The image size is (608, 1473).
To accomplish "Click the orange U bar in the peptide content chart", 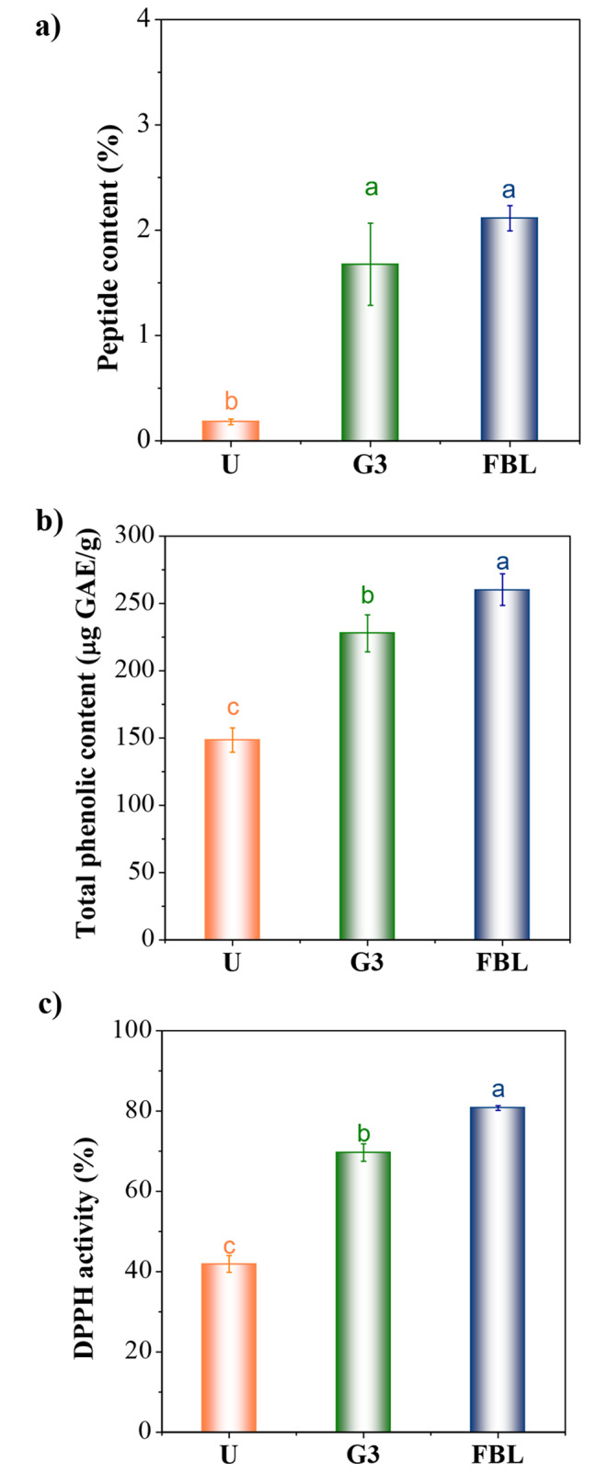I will (231, 430).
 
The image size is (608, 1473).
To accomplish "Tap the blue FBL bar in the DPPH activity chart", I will (498, 1268).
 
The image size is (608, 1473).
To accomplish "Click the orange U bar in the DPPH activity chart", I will (228, 1346).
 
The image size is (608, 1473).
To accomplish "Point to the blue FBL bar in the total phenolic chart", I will (501, 764).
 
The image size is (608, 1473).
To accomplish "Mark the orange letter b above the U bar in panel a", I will (232, 402).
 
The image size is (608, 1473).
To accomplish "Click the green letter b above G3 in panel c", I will (362, 1132).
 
